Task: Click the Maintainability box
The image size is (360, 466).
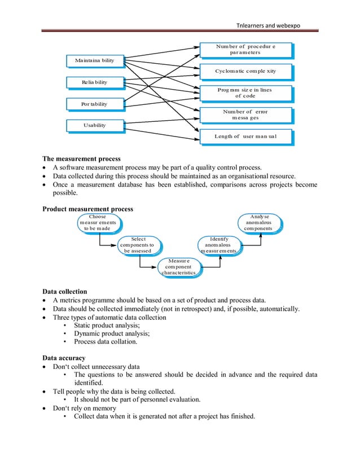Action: (x=94, y=60)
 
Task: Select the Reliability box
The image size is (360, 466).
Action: (x=94, y=82)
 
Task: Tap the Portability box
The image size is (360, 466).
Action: (x=94, y=104)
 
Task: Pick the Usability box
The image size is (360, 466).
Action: (x=94, y=125)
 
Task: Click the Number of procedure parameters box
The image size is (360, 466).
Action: (x=245, y=49)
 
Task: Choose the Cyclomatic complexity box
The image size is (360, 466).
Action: (x=245, y=72)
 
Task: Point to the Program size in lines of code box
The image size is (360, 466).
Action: (x=245, y=93)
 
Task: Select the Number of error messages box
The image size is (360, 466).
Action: (x=245, y=115)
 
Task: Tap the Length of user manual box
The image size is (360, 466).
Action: (x=245, y=136)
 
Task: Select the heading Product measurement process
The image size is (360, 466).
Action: (x=88, y=209)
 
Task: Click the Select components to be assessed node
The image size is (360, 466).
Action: (x=138, y=245)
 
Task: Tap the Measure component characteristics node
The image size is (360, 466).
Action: (x=179, y=267)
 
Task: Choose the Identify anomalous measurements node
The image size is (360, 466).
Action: (x=219, y=245)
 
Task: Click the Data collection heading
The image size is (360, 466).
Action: (x=65, y=292)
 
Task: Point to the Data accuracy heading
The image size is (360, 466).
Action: (x=64, y=358)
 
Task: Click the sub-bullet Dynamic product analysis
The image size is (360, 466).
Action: (x=107, y=333)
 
